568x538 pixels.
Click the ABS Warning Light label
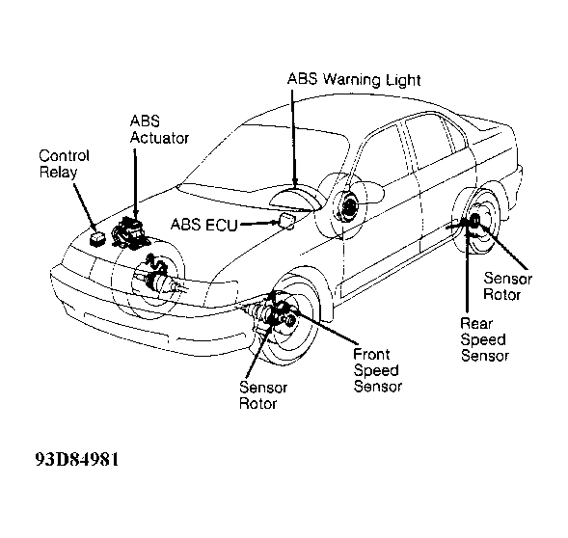[x=354, y=79]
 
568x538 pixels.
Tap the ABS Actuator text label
[x=159, y=129]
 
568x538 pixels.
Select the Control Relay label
[x=64, y=164]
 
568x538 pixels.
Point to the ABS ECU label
[x=203, y=225]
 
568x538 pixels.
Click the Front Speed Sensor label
[x=377, y=370]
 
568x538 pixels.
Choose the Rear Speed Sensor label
[x=485, y=339]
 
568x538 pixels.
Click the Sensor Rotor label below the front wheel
[x=263, y=395]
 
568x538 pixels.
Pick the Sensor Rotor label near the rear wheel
[x=507, y=285]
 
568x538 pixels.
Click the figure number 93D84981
[x=77, y=460]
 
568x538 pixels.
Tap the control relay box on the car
[x=97, y=239]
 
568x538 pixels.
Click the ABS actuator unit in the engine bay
[x=129, y=231]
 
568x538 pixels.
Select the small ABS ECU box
[x=286, y=220]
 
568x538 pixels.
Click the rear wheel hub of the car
[x=474, y=220]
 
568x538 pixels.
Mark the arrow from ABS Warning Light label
[x=293, y=139]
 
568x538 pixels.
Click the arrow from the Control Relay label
[x=86, y=207]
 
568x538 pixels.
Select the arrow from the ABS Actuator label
[x=135, y=182]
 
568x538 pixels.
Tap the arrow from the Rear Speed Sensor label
[x=468, y=269]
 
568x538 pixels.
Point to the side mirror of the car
[x=372, y=191]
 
